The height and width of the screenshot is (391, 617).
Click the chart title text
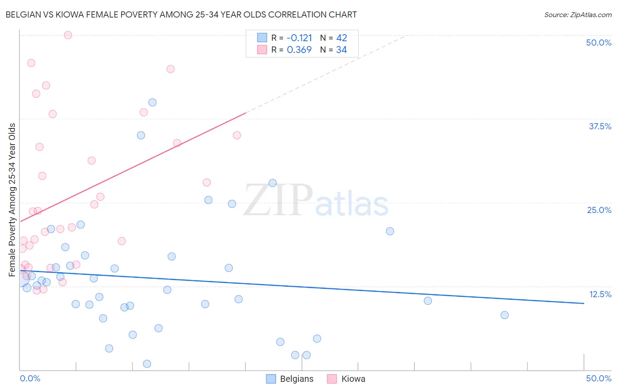click(181, 14)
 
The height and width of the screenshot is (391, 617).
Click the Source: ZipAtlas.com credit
click(578, 14)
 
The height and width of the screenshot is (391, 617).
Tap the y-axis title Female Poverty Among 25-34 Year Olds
click(12, 200)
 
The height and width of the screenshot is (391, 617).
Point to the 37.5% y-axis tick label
click(600, 126)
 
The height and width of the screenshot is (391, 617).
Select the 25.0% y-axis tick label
click(599, 210)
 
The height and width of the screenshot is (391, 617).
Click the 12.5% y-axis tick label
click(600, 294)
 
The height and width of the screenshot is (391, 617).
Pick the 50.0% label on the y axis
click(599, 43)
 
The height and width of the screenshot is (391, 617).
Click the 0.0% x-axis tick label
click(30, 378)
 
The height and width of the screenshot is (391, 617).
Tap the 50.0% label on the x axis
click(599, 378)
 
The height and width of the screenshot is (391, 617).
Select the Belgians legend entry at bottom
click(290, 379)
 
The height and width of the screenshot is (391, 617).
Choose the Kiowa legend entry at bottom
click(346, 379)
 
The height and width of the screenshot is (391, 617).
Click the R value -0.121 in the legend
click(299, 38)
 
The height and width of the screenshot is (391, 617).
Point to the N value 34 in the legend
click(341, 50)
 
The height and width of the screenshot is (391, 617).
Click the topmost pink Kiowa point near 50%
click(68, 35)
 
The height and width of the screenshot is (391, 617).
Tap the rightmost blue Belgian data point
click(505, 315)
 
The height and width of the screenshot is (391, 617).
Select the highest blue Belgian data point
click(152, 103)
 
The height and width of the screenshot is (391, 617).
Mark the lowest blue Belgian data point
click(147, 364)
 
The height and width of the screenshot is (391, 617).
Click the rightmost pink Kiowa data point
click(237, 135)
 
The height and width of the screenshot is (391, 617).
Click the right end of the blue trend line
click(584, 303)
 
